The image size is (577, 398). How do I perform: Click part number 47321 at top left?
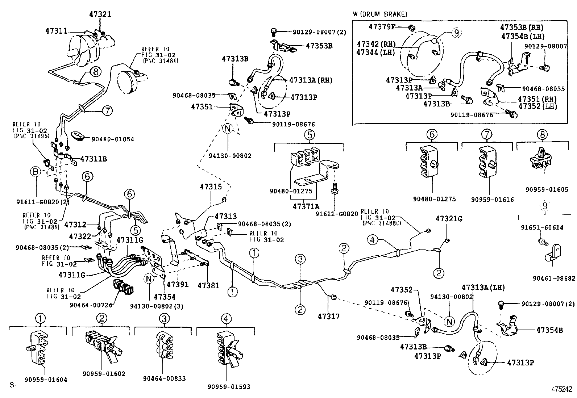coord(100,14)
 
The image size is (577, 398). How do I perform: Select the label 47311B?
coord(94,159)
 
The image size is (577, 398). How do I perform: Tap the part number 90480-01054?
coord(113,139)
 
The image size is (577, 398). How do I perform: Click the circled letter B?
coord(36,171)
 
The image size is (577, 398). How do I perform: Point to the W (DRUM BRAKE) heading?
coord(380,14)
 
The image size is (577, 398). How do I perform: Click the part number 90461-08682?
coord(554,278)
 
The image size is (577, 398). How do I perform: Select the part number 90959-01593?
coord(229,387)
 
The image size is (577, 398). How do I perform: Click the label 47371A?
coord(306,206)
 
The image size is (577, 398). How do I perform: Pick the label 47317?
coord(329,316)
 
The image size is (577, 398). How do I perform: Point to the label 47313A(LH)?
coord(483,288)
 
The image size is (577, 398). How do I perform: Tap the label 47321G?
coord(449,219)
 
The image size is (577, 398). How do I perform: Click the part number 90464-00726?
coord(91,305)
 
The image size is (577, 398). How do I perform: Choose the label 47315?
coord(211,187)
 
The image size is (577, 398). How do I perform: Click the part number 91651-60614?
coord(542,227)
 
